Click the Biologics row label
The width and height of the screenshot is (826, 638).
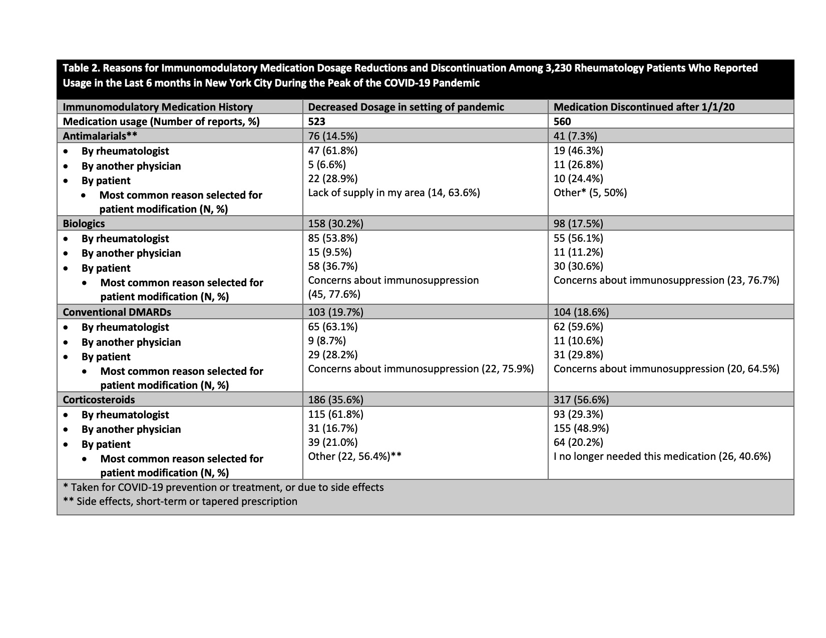click(x=84, y=224)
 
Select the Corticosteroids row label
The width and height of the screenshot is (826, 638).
click(x=99, y=400)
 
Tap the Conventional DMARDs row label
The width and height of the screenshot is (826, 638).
click(x=117, y=312)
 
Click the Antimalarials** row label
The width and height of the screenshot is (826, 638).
click(x=100, y=136)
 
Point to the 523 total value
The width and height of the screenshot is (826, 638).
click(x=317, y=121)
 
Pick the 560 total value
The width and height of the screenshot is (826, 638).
click(x=562, y=121)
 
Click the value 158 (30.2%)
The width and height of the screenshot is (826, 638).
click(x=335, y=224)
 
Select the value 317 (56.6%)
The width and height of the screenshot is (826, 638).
click(x=581, y=400)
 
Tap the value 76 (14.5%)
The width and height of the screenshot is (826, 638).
click(x=333, y=136)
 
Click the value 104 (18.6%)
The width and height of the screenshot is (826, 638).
click(x=581, y=312)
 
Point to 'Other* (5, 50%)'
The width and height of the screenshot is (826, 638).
click(x=590, y=193)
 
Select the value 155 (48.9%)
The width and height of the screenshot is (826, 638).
click(x=581, y=428)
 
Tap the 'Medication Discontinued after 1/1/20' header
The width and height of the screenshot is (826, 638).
click(x=644, y=107)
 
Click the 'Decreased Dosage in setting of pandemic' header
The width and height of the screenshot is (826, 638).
click(x=406, y=107)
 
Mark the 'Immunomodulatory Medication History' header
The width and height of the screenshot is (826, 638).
click(x=158, y=107)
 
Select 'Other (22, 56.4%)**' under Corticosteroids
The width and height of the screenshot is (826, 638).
click(x=354, y=456)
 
